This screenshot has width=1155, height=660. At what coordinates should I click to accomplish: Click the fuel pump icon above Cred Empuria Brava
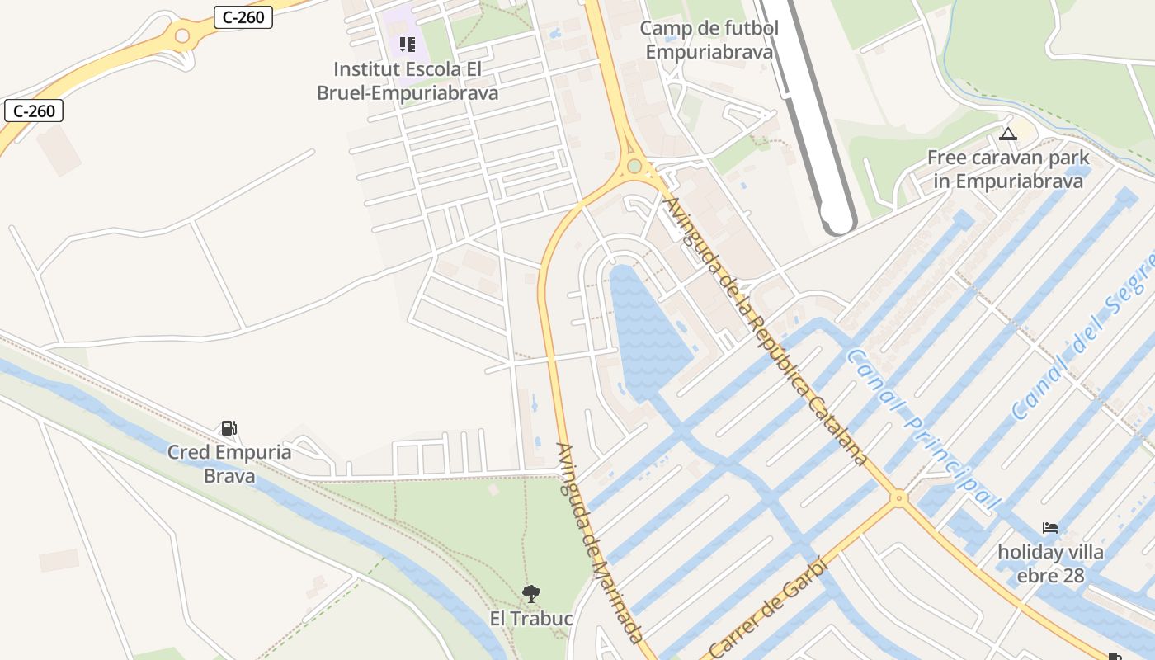[229, 427]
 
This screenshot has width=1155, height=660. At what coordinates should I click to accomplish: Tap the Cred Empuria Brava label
[229, 464]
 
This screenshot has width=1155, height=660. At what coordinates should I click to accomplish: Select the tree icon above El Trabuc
[531, 592]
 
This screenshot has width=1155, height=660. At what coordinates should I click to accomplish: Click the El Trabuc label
[531, 618]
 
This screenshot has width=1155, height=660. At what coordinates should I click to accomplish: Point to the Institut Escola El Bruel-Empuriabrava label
[408, 81]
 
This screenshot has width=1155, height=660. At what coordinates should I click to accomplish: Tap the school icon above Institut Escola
[407, 44]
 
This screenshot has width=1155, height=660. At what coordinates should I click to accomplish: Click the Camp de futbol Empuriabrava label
[709, 40]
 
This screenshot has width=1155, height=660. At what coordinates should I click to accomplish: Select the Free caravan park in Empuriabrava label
[1008, 169]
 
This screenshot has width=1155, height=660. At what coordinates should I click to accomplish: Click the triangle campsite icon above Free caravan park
[1007, 134]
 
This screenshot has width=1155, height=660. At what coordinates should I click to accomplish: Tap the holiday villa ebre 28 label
[1050, 563]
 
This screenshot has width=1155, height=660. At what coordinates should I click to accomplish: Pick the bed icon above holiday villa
[1049, 527]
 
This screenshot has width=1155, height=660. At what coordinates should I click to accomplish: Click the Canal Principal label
[924, 429]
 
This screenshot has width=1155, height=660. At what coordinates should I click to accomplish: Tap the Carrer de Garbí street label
[769, 609]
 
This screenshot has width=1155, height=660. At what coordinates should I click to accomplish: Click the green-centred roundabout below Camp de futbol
[634, 167]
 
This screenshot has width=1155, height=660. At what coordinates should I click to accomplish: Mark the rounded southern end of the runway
[838, 221]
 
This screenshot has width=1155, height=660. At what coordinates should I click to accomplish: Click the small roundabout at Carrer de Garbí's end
[898, 497]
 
